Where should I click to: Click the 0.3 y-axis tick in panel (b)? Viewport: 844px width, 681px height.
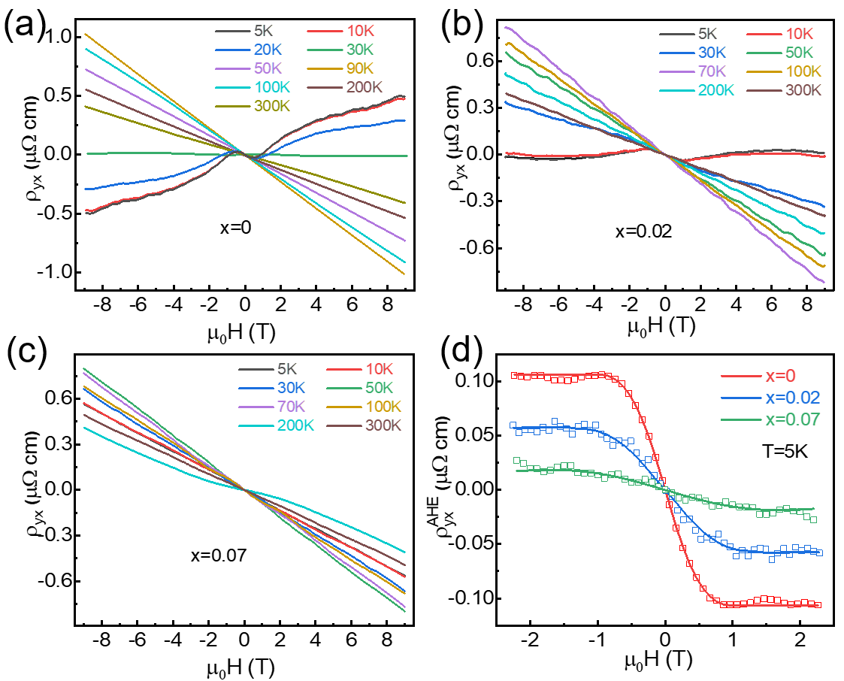[x=482, y=107]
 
